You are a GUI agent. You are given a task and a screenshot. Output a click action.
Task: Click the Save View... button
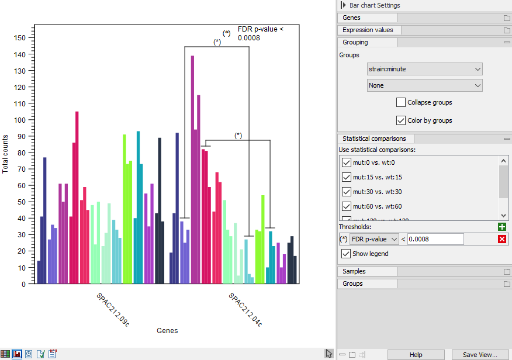tap(479, 355)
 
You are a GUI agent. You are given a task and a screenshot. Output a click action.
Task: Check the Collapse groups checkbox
tap(401, 102)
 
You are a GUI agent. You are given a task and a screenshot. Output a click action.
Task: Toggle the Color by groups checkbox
tap(401, 120)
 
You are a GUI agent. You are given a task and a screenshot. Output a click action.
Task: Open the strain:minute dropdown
tap(424, 69)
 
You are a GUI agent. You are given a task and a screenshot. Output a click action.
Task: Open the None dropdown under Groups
tap(424, 85)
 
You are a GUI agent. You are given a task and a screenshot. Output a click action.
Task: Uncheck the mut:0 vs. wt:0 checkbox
tap(347, 162)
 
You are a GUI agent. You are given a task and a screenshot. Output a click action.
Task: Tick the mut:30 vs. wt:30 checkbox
tap(347, 192)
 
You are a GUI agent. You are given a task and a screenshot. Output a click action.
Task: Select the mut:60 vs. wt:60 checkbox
tap(347, 206)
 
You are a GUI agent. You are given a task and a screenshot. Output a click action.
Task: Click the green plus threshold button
tap(502, 227)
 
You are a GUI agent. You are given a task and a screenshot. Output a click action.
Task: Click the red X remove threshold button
tap(502, 239)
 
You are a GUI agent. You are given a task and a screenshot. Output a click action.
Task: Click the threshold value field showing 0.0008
tap(435, 239)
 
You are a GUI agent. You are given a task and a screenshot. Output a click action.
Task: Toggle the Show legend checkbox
tap(347, 254)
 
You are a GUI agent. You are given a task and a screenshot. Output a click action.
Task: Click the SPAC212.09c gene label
tap(113, 309)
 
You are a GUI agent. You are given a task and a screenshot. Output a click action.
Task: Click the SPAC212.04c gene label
tap(245, 309)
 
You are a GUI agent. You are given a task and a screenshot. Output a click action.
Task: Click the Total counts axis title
tap(6, 154)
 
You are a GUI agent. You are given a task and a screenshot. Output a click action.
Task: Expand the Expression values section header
tap(368, 30)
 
